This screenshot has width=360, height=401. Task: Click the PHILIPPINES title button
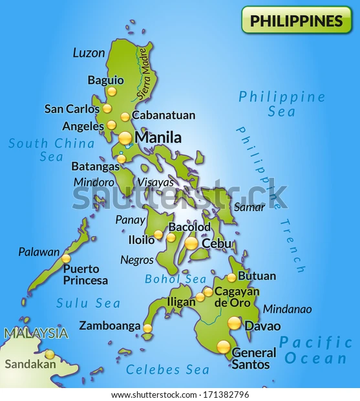point(296,20)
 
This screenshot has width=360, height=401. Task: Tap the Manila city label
point(158,137)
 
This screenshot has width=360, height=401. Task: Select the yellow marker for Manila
point(125,138)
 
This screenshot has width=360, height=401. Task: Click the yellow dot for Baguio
point(112,91)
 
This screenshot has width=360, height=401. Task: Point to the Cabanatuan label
point(163,116)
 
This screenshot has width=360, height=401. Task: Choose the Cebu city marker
point(191,243)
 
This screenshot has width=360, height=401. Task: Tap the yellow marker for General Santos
point(223,347)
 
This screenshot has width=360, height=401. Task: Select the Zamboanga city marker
point(147,328)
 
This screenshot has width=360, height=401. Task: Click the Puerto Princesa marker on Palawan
point(66,259)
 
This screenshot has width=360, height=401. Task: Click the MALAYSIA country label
point(36,334)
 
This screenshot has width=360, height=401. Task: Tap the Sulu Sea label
point(89,303)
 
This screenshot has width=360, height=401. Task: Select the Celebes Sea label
point(167,369)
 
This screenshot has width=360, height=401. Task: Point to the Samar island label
point(249,207)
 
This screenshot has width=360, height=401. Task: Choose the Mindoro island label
point(94,182)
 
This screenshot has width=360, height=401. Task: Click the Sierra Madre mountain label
point(144,81)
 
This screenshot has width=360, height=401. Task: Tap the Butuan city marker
point(231,277)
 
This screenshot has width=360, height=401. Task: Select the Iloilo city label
point(142,240)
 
